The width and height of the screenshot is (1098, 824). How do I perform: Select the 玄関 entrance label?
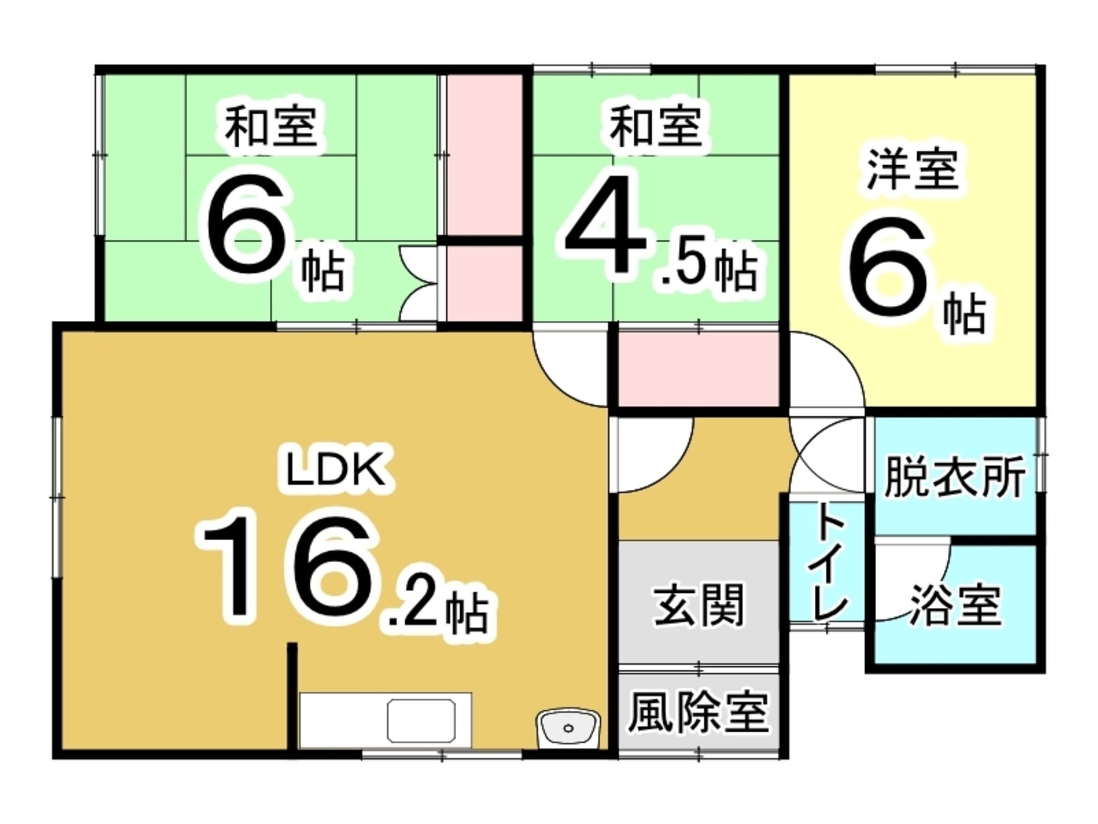[699, 605]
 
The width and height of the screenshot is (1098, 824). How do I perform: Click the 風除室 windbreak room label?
[698, 713]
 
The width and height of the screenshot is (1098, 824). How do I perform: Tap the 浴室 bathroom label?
[955, 606]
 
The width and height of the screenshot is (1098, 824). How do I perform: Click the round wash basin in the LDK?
[568, 728]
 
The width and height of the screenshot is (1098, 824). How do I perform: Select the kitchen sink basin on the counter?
[421, 721]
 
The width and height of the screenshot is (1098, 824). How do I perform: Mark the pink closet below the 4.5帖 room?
[698, 369]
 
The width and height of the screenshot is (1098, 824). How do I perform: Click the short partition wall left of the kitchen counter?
[292, 697]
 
